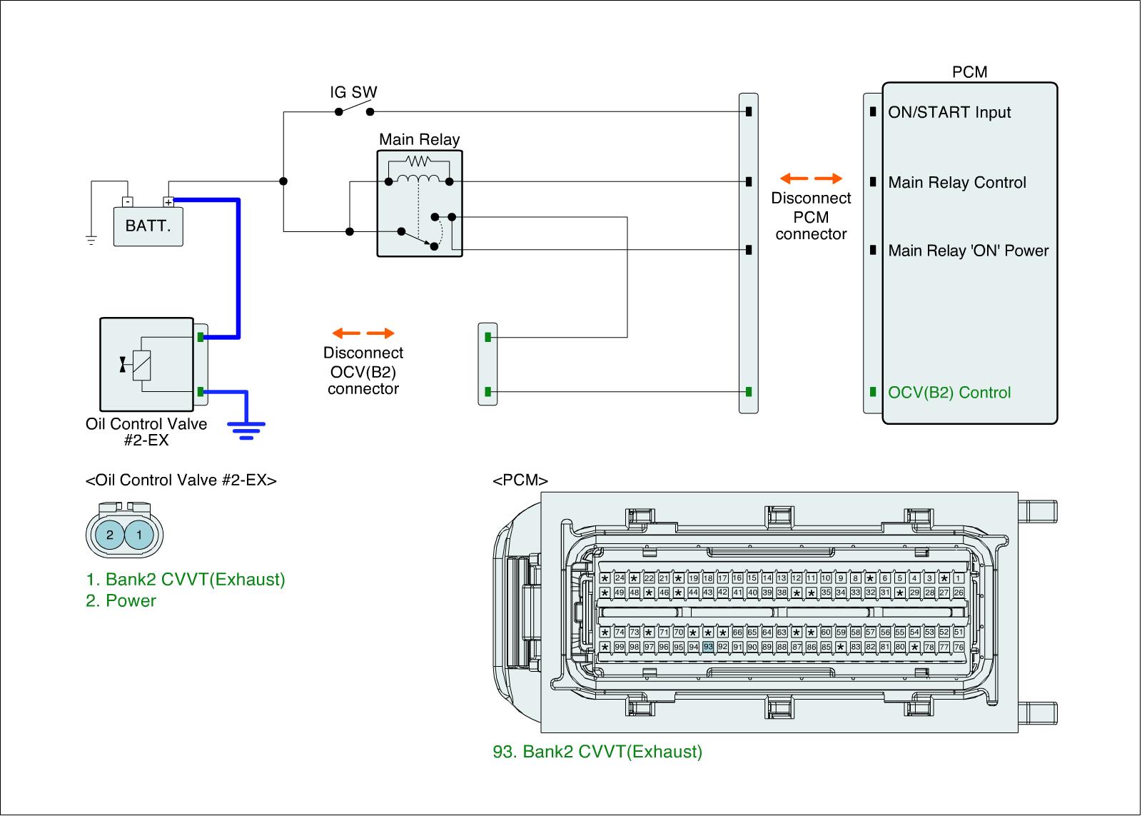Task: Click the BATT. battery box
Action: (x=148, y=226)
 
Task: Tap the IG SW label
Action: (x=353, y=92)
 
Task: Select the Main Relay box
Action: (x=420, y=203)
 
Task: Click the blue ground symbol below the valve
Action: (x=246, y=428)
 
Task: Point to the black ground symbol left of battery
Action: (x=91, y=240)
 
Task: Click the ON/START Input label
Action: (x=949, y=112)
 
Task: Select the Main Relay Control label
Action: (x=956, y=182)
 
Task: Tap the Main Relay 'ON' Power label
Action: (x=968, y=251)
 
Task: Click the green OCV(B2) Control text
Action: (x=949, y=393)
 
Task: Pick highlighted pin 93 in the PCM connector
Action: (x=708, y=647)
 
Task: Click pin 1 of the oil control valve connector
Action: (x=139, y=535)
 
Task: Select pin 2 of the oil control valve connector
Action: (x=110, y=535)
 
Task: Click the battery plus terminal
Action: (x=168, y=201)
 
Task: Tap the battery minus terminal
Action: (x=126, y=201)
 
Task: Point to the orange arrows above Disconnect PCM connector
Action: (x=811, y=178)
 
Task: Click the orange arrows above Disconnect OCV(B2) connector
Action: (x=363, y=333)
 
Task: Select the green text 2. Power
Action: (x=121, y=600)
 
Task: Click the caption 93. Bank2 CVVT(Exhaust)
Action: (x=597, y=751)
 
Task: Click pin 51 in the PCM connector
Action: (x=959, y=632)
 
